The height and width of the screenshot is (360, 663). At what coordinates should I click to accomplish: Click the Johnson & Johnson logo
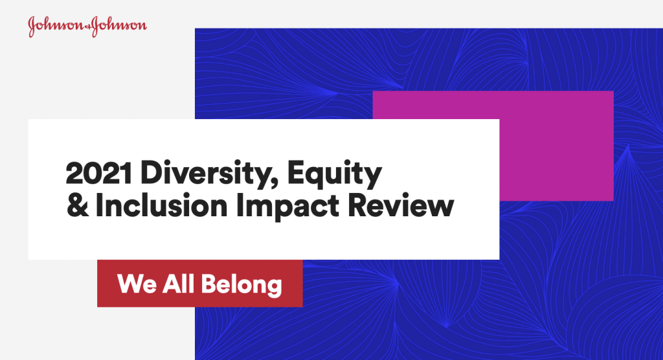tap(87, 27)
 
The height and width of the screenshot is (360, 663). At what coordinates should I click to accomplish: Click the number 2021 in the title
tap(99, 173)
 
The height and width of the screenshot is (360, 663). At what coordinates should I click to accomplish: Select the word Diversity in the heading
tap(207, 174)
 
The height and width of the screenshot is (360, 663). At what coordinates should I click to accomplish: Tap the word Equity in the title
tap(335, 174)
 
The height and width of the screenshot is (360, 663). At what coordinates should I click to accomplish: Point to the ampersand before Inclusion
tap(78, 206)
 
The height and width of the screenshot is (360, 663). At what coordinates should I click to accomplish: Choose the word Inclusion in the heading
tap(161, 206)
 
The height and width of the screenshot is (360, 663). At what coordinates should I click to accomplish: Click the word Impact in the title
tap(287, 207)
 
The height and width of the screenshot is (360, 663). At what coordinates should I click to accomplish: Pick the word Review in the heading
tap(401, 206)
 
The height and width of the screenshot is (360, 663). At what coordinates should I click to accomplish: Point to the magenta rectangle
tap(556, 146)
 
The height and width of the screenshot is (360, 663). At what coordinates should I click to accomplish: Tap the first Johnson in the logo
tap(56, 27)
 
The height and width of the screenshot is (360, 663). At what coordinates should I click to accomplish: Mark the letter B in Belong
tap(209, 284)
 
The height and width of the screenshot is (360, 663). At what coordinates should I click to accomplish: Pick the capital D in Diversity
tap(152, 173)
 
